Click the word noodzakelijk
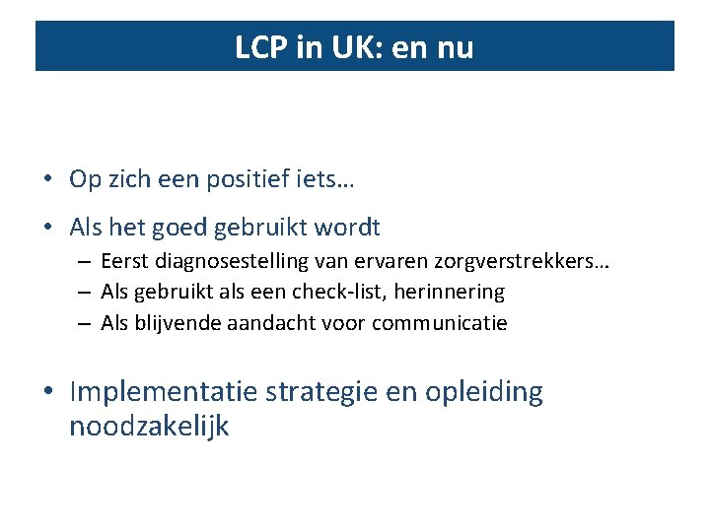pos(149,427)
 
